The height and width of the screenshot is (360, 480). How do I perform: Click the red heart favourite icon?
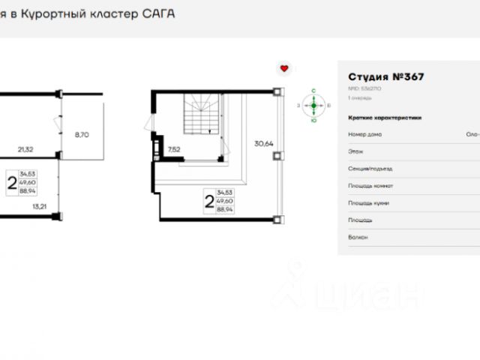tap(284, 68)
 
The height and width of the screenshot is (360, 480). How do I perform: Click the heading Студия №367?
tap(387, 76)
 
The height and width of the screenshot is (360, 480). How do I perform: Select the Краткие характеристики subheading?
tap(385, 118)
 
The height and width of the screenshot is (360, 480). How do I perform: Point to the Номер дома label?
tap(364, 134)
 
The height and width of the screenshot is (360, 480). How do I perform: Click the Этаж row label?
tap(355, 151)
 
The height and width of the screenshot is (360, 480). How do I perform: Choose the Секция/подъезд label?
tap(370, 169)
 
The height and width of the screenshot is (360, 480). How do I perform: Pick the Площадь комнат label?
tap(370, 186)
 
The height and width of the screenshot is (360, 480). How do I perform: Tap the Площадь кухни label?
tap(368, 203)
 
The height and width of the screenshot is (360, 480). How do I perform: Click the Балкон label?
tap(358, 237)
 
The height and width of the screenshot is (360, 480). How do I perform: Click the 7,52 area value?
tap(174, 149)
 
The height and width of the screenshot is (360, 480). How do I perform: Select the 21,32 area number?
tap(25, 149)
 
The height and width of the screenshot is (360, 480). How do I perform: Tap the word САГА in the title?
tap(158, 13)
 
